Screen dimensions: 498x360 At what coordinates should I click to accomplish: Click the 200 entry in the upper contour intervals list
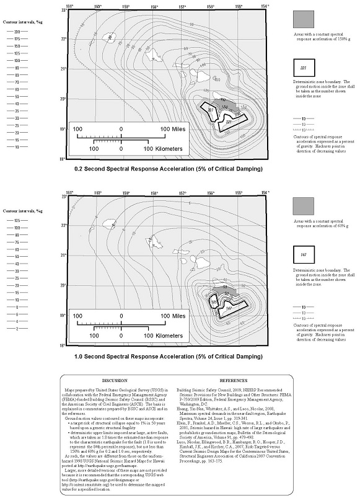pyautogui.click(x=17, y=31)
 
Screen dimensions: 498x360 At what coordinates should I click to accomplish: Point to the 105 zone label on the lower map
pyautogui.click(x=214, y=303)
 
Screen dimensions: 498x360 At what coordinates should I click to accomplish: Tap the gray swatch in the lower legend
pyautogui.click(x=304, y=206)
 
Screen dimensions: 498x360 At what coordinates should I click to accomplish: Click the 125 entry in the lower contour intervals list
pyautogui.click(x=17, y=220)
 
